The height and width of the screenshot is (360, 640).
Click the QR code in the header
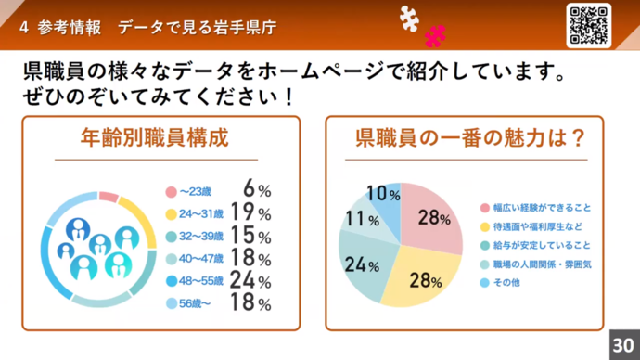(x=588, y=24)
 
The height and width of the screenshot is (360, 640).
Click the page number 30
(x=625, y=341)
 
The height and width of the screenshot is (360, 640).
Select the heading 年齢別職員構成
(x=155, y=139)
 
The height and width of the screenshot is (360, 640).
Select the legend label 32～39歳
(x=199, y=236)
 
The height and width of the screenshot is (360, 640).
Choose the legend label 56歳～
(x=196, y=303)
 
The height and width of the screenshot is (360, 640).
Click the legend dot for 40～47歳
(x=171, y=258)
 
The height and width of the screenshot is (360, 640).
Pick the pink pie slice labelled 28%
(x=430, y=219)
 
